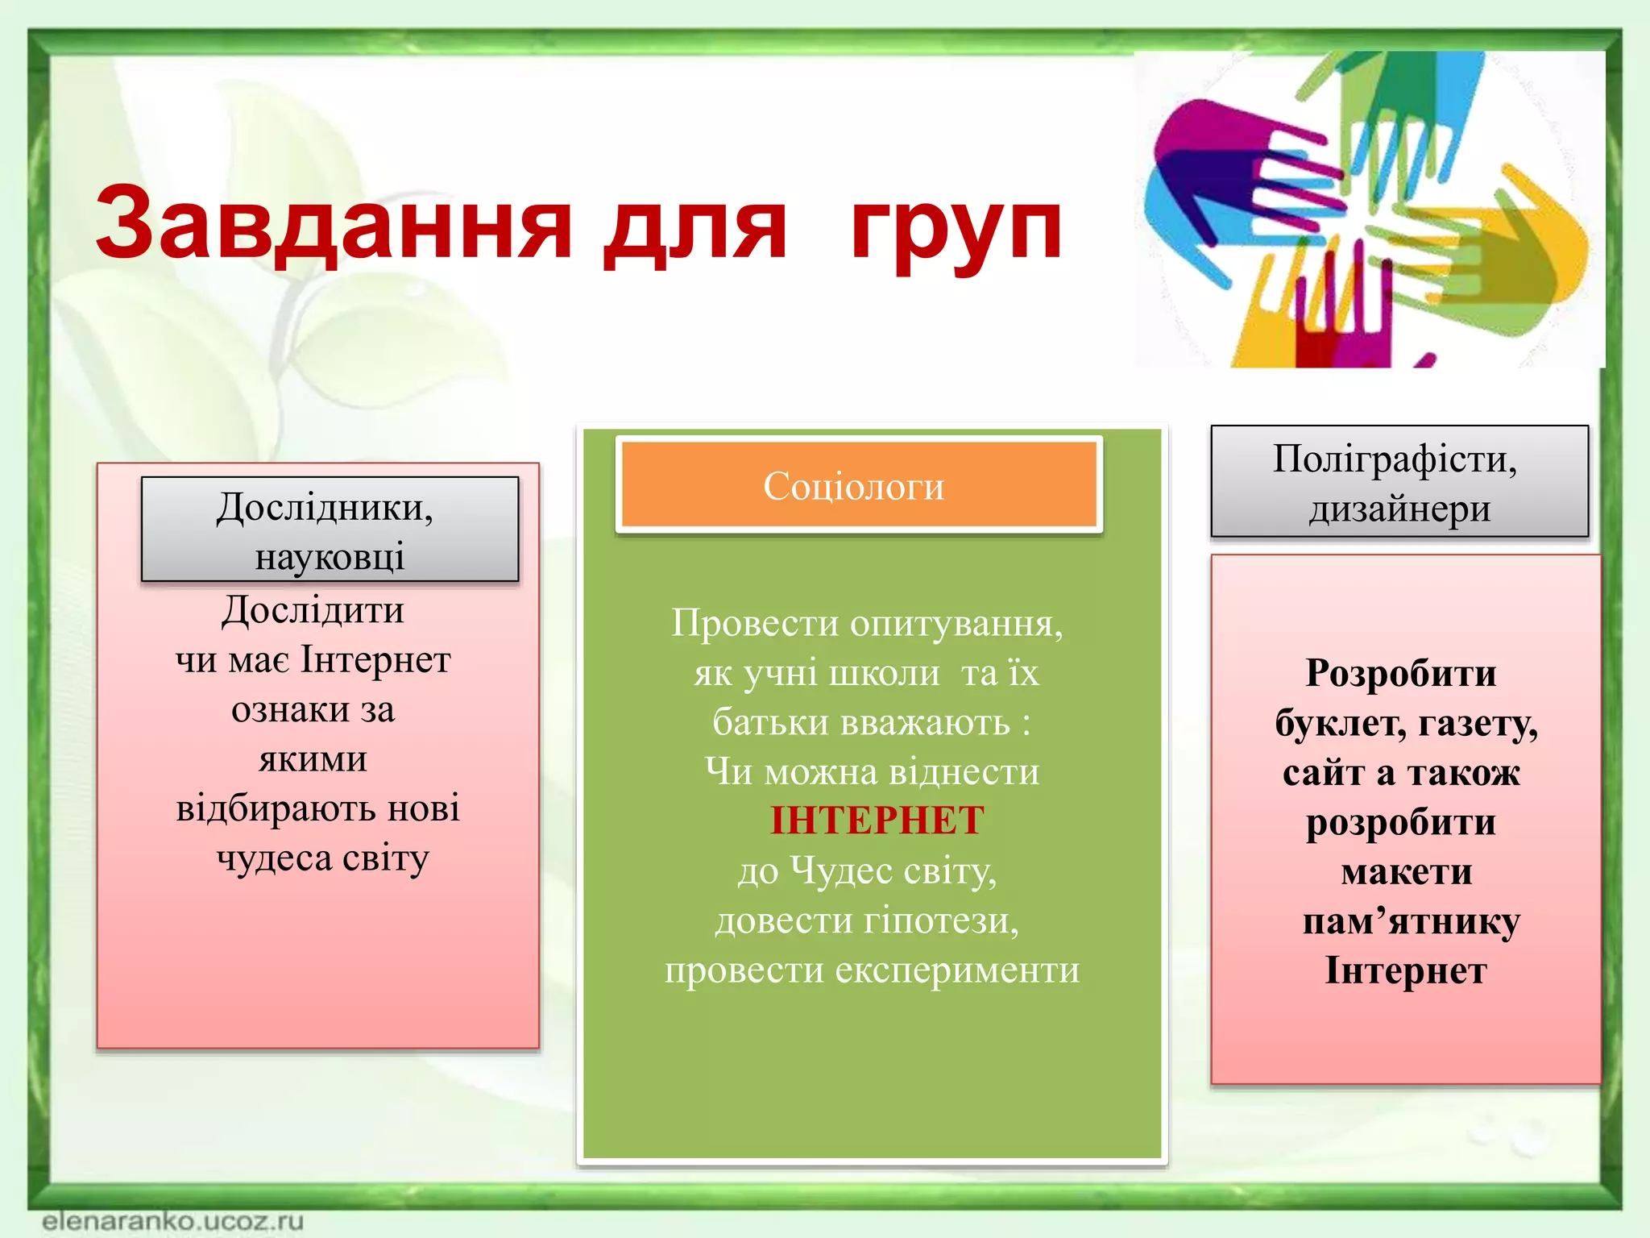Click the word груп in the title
pyautogui.click(x=956, y=230)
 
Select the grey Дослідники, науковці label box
pyautogui.click(x=330, y=530)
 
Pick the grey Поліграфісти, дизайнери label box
pyautogui.click(x=1399, y=482)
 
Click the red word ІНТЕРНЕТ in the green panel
pyautogui.click(x=877, y=820)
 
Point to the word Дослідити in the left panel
pyautogui.click(x=313, y=610)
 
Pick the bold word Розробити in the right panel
pyautogui.click(x=1400, y=673)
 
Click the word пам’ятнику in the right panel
pyautogui.click(x=1411, y=921)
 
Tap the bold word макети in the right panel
pyautogui.click(x=1406, y=872)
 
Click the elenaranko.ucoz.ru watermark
pyautogui.click(x=172, y=1220)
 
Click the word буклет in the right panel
pyautogui.click(x=1338, y=724)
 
